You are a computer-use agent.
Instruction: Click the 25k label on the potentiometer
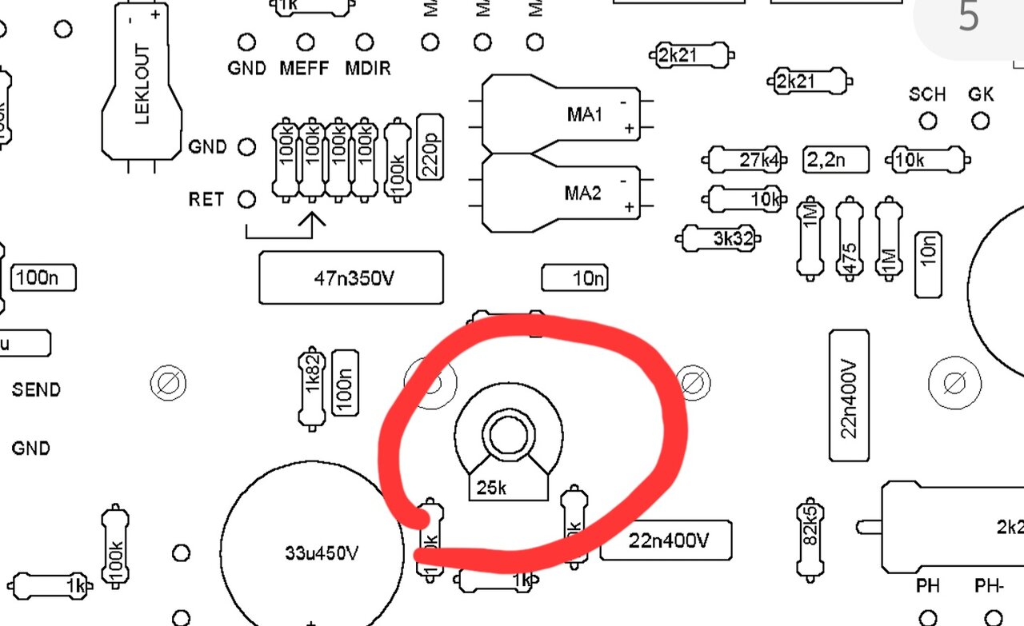tap(491, 487)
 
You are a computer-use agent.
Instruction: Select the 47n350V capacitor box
tap(350, 278)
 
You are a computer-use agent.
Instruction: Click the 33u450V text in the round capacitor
tap(322, 553)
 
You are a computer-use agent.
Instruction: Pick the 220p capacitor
tap(430, 147)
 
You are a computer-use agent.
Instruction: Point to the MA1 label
tap(584, 114)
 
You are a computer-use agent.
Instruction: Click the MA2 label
tap(584, 193)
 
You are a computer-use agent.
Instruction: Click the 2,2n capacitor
tap(836, 160)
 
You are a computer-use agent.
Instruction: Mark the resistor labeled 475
tap(849, 240)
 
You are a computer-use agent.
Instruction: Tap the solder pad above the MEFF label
tap(305, 42)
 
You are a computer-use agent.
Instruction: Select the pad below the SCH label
tap(928, 122)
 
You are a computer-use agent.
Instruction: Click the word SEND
tap(36, 390)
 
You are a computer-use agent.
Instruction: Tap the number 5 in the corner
tap(969, 18)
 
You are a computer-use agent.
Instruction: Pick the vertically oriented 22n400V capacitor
tap(849, 396)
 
